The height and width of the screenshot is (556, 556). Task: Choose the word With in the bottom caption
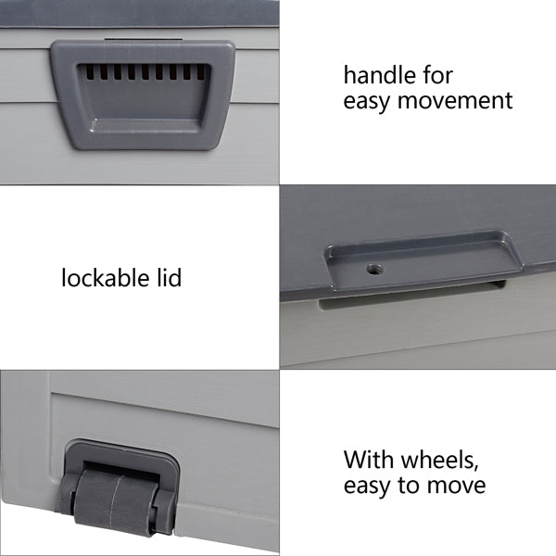(367, 460)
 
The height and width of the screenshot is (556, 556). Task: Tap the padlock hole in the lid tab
(374, 268)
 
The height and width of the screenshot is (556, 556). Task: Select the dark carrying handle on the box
(138, 93)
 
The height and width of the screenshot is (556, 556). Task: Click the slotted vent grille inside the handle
(139, 71)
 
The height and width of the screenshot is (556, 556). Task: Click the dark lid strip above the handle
(139, 12)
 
